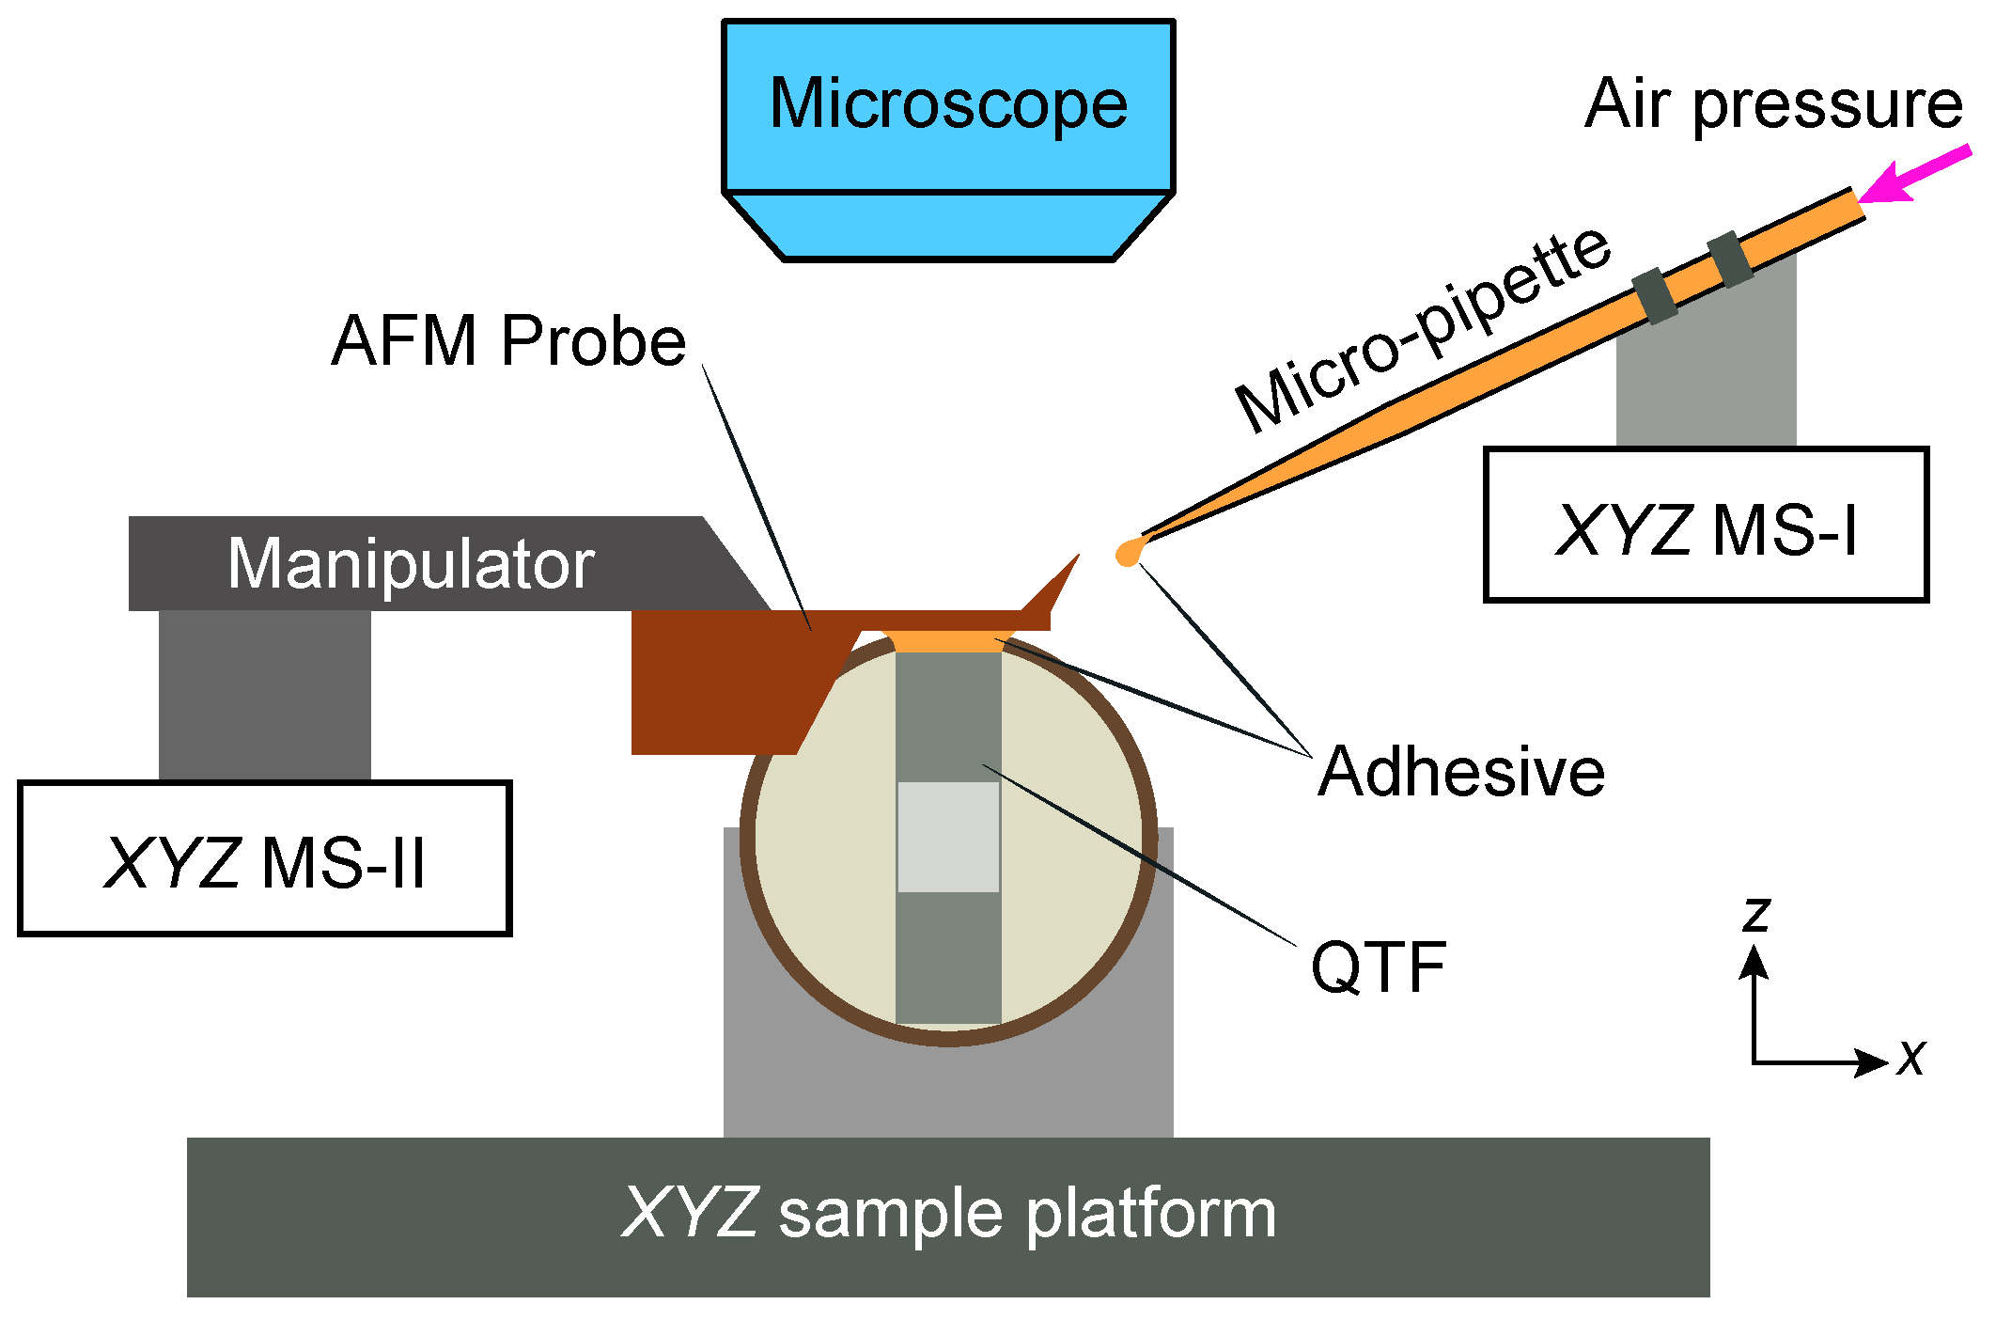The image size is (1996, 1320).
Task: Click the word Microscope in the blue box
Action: (x=947, y=103)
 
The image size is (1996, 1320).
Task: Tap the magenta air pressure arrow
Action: (x=1917, y=173)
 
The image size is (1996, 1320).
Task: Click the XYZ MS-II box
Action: (x=264, y=859)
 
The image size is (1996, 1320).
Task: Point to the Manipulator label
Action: (x=411, y=563)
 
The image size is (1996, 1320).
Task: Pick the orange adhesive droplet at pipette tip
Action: (x=1127, y=554)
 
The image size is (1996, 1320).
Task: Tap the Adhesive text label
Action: (x=1460, y=772)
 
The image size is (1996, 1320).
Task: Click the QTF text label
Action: (x=1378, y=967)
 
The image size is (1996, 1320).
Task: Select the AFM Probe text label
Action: (x=508, y=340)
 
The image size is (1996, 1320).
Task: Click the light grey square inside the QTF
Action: (x=947, y=837)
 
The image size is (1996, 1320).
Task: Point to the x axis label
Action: (x=1911, y=1059)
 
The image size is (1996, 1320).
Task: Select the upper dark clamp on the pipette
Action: (x=1730, y=259)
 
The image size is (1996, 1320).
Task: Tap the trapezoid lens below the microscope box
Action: (x=947, y=227)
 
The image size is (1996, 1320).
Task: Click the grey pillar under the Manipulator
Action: (x=264, y=696)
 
